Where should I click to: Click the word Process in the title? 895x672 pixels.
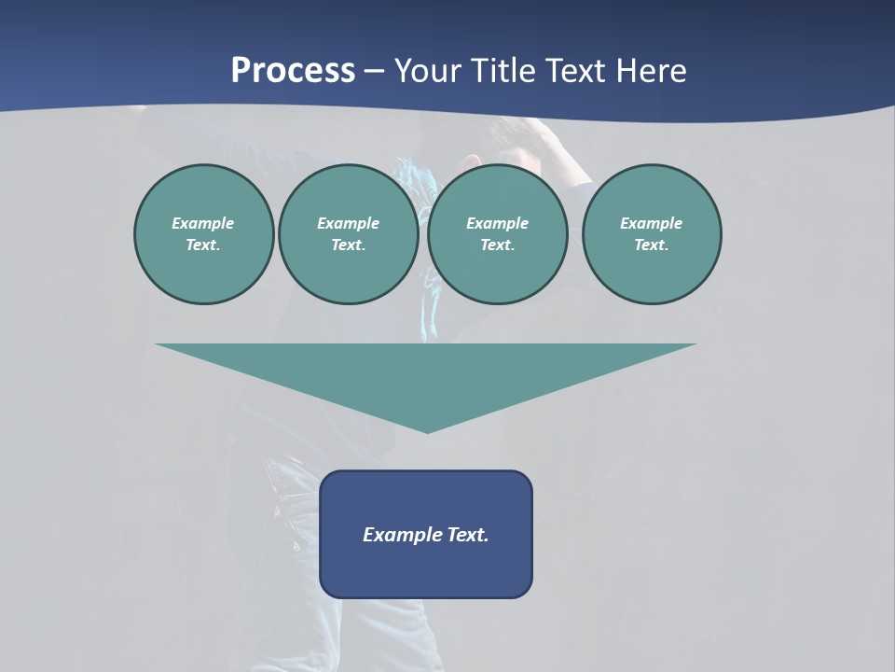pos(293,71)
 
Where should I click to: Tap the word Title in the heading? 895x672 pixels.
pos(502,71)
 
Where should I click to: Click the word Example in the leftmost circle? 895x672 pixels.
pos(203,223)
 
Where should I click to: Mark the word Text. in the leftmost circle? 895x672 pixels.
pos(203,245)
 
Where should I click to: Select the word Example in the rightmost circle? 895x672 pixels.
pos(651,223)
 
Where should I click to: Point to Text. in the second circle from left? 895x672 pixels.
pos(348,245)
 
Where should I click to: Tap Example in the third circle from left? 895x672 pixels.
pos(497,223)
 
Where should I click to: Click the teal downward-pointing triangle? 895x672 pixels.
pos(426,373)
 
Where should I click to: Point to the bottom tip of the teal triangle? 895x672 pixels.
pos(427,430)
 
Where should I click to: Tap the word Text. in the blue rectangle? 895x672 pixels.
pos(468,535)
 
